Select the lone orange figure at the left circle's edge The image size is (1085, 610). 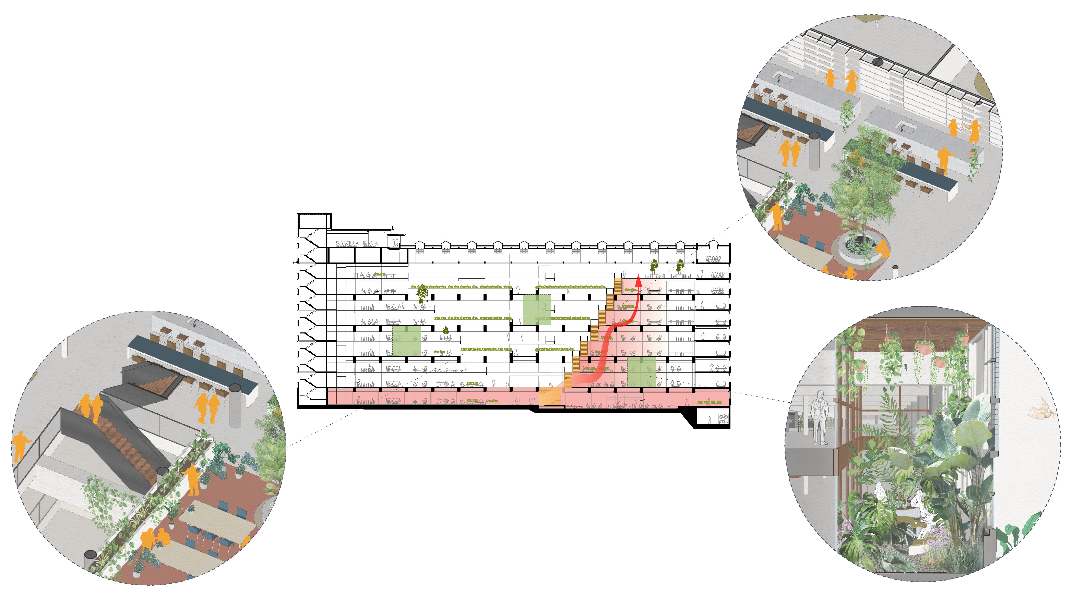tap(20, 445)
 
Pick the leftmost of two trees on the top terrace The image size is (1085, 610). tap(654, 266)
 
